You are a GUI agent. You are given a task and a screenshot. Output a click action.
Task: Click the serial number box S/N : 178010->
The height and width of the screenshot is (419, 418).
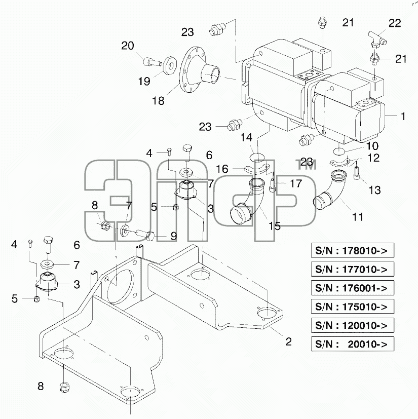click(x=353, y=250)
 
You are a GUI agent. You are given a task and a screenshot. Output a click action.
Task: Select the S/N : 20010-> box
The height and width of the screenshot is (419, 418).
click(x=353, y=344)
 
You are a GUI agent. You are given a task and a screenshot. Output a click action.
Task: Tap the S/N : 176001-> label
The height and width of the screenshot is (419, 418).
click(x=353, y=288)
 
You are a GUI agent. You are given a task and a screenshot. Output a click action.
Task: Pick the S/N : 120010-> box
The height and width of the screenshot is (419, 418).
click(x=353, y=325)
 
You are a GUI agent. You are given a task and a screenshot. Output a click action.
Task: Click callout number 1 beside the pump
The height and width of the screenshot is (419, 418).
click(x=403, y=116)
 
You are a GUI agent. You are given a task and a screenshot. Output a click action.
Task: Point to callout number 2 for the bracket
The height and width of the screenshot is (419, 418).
click(x=289, y=341)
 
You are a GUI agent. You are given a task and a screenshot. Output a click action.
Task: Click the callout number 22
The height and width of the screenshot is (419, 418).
click(x=395, y=23)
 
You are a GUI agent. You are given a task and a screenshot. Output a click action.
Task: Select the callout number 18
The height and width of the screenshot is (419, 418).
click(x=158, y=101)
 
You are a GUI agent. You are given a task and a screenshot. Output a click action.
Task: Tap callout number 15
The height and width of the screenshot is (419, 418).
click(x=275, y=226)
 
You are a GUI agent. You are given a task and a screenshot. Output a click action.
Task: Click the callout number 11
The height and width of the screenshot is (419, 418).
click(x=358, y=217)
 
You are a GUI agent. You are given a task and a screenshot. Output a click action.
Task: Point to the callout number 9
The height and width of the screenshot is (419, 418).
click(x=174, y=236)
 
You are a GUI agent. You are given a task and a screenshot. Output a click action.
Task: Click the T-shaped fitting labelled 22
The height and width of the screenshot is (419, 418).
click(x=377, y=39)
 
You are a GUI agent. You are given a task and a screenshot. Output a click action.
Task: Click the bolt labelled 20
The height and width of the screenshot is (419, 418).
click(x=153, y=62)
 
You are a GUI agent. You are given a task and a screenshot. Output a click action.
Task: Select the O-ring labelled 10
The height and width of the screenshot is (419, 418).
click(x=338, y=151)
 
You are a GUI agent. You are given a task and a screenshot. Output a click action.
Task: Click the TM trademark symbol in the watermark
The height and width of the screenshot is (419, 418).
click(x=307, y=165)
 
